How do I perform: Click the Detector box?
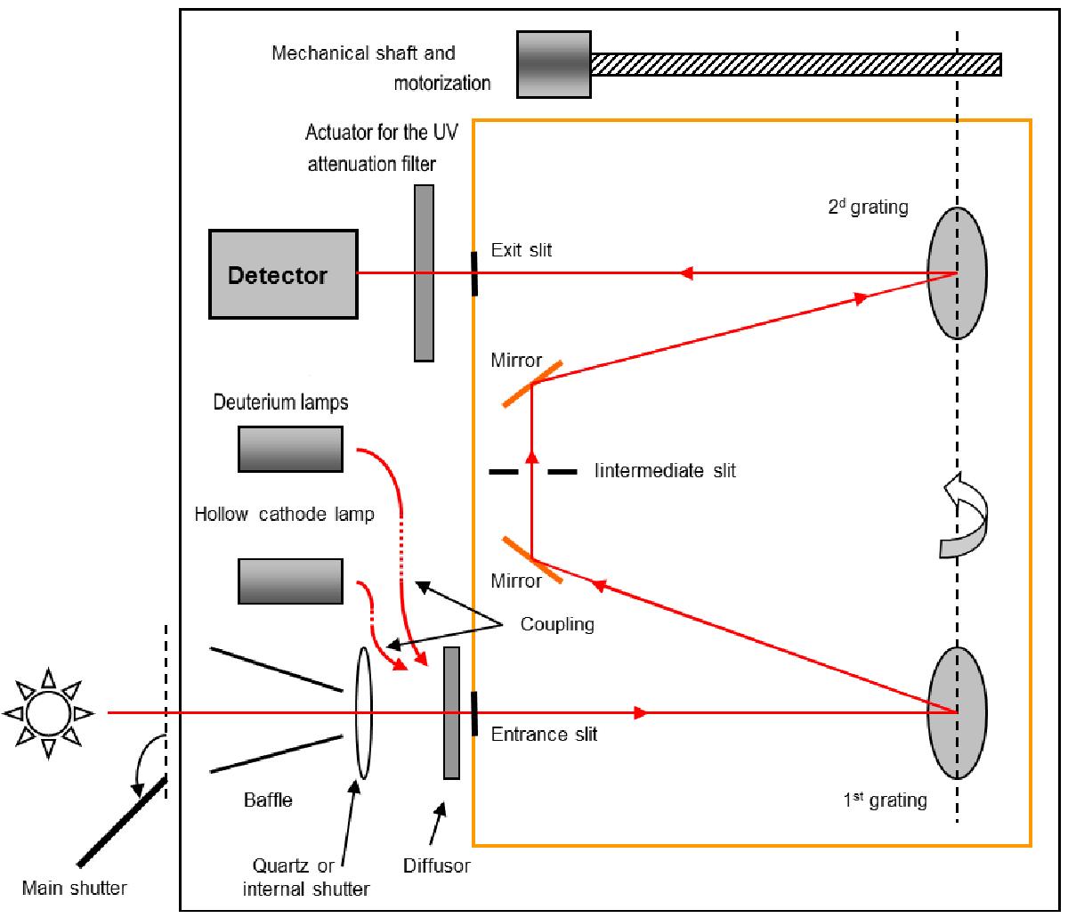click(284, 273)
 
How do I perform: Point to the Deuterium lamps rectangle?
click(290, 448)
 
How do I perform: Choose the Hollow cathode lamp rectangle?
click(290, 581)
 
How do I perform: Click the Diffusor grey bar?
click(451, 712)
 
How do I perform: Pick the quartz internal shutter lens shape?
click(362, 712)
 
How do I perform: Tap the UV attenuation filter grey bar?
click(424, 272)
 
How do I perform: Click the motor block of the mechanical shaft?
click(552, 64)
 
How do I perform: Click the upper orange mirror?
click(532, 383)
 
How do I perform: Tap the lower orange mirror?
click(532, 559)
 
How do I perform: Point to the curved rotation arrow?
click(966, 517)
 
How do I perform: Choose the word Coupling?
click(557, 624)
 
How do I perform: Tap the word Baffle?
click(268, 800)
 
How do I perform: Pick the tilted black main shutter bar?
click(122, 820)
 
